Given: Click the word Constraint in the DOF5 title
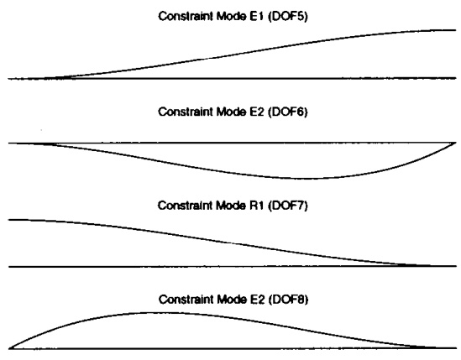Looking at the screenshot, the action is point(186,16).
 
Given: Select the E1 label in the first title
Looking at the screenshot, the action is point(257,16).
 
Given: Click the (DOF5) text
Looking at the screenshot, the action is point(287,17).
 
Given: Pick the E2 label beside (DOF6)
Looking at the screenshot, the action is point(257,112).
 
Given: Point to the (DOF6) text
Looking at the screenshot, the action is point(287,112).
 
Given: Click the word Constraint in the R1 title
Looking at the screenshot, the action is point(186,206).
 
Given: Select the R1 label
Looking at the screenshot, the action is point(257,206).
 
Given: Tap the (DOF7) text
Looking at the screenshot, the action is point(287,206).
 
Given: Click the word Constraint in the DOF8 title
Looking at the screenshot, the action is point(186,300).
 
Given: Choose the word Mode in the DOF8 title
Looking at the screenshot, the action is point(232,300).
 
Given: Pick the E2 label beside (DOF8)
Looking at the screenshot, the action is point(257,300).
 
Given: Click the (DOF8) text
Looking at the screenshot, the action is point(288,300).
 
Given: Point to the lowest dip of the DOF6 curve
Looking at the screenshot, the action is point(306,178).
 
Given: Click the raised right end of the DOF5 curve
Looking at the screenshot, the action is point(455,30).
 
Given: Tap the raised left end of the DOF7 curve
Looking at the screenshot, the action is point(9,220).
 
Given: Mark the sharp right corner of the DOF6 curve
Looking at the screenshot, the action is point(455,143).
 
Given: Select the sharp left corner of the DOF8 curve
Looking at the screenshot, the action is point(9,348).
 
